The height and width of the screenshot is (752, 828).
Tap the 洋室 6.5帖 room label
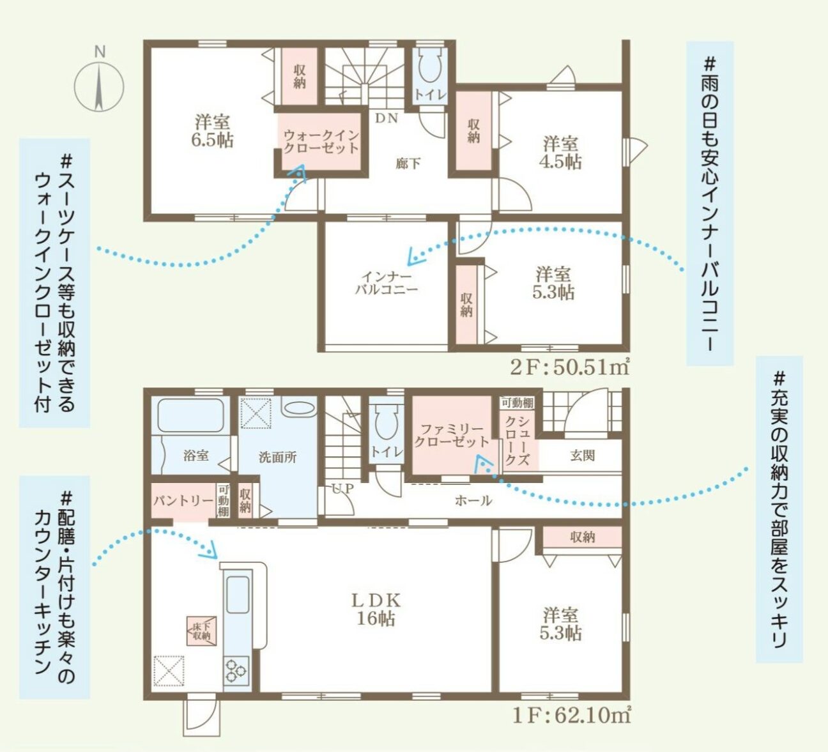[213, 131]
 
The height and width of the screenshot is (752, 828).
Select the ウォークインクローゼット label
[321, 141]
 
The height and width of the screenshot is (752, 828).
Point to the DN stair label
[387, 119]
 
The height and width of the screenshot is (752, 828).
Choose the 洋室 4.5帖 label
[560, 153]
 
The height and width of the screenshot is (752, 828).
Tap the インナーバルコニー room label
[387, 283]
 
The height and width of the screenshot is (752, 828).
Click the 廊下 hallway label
[408, 164]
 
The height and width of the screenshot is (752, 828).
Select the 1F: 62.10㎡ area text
[571, 715]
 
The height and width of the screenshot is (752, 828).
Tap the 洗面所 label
[277, 457]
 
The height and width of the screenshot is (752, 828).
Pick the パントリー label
[183, 501]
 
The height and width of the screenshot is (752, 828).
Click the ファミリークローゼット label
[452, 435]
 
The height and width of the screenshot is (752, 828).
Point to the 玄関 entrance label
[583, 456]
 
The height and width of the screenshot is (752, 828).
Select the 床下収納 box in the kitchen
[201, 631]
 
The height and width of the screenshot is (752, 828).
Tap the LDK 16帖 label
[376, 610]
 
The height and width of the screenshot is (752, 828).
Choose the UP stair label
[343, 489]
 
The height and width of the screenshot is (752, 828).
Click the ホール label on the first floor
[473, 501]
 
